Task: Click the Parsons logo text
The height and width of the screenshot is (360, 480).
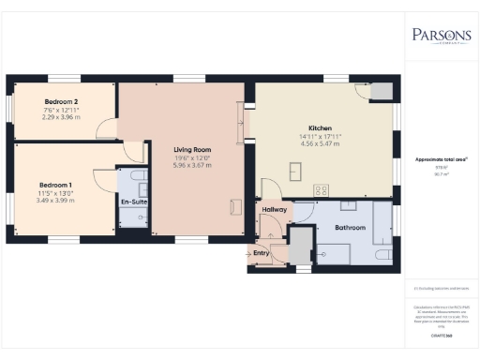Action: (x=440, y=35)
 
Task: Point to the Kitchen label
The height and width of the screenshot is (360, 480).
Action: (x=321, y=127)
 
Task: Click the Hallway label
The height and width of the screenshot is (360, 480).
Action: (x=274, y=209)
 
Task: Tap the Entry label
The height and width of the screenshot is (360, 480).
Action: (x=262, y=252)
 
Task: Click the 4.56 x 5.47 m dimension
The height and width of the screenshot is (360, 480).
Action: (x=321, y=144)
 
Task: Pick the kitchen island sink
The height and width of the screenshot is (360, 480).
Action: (x=297, y=170)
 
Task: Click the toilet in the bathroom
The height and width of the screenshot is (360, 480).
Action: (x=382, y=254)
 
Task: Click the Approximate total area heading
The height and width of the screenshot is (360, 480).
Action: (x=440, y=159)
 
